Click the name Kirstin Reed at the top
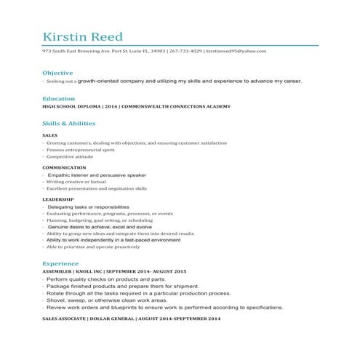(x=82, y=37)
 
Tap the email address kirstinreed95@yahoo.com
(x=236, y=52)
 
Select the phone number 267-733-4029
(x=185, y=52)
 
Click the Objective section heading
(x=57, y=73)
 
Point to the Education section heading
(x=58, y=98)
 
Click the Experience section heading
(x=60, y=263)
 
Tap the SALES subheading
(x=50, y=136)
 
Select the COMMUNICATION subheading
(x=64, y=167)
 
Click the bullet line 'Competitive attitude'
(x=70, y=156)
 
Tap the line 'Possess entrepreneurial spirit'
(x=81, y=150)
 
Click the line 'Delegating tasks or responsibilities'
(x=88, y=207)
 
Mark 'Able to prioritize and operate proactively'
(x=93, y=247)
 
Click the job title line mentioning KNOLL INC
(x=114, y=271)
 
